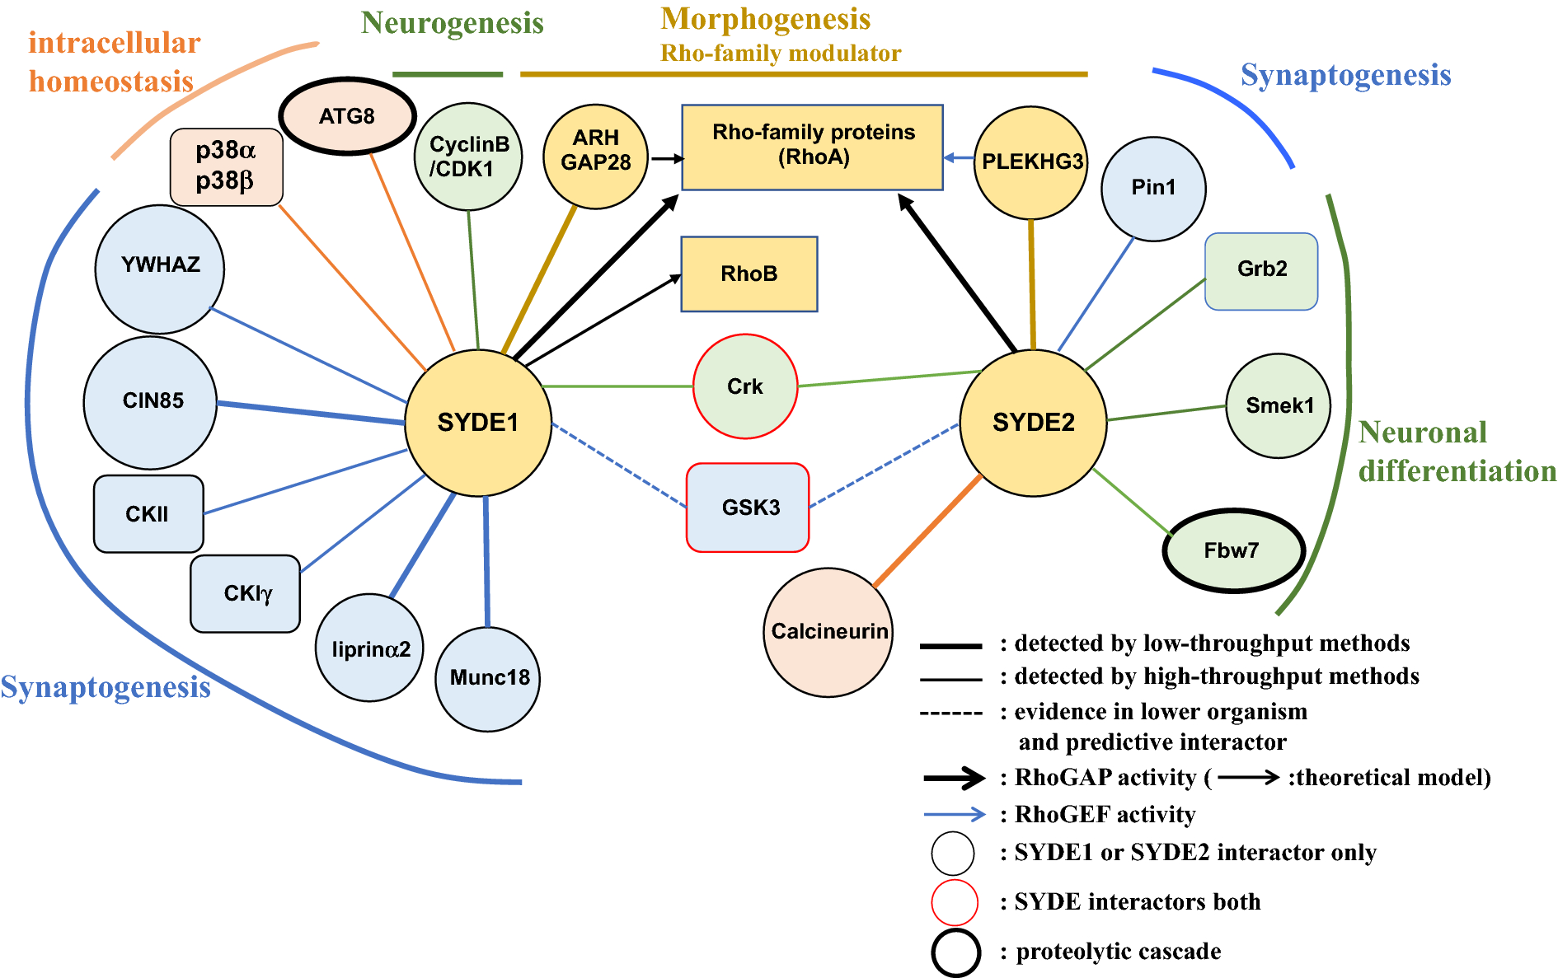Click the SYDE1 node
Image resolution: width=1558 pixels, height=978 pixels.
coord(478,423)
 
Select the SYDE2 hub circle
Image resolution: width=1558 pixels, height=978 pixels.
coord(1033,423)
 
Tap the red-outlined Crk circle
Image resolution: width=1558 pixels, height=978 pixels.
coord(745,386)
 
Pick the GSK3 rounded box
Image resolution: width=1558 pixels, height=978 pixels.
coord(748,508)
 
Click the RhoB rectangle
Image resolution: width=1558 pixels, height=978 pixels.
coord(748,274)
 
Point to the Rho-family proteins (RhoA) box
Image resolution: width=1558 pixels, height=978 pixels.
coord(812,147)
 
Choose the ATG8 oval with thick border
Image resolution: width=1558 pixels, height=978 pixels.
coord(347,116)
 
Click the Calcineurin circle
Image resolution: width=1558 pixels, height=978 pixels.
coord(828,632)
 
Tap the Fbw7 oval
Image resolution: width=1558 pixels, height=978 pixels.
coord(1232,550)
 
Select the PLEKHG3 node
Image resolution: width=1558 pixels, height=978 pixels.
coord(1031,162)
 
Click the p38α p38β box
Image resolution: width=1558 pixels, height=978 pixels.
coord(226,166)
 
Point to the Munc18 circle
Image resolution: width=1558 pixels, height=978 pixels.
coord(488,678)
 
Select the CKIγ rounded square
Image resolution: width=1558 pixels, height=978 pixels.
coord(246,593)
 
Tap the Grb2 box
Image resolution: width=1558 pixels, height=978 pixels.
coord(1261,270)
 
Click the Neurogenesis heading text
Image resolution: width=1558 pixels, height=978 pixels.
coord(452,23)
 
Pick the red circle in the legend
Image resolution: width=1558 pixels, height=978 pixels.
coord(954,902)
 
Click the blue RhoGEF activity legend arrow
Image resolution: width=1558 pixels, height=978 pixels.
coord(954,815)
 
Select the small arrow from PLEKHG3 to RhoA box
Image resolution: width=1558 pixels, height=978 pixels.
coord(959,157)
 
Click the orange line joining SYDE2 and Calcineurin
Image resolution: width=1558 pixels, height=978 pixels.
coord(927,531)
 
